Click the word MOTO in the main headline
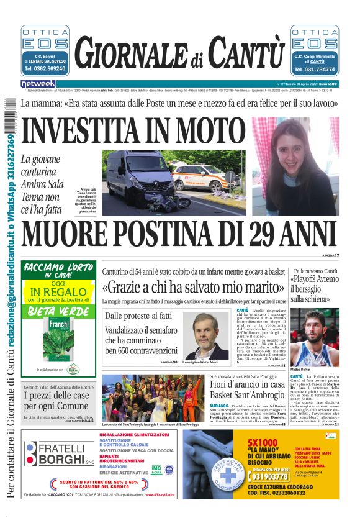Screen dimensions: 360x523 click(x=202, y=130)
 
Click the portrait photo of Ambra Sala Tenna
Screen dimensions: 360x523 click(x=295, y=166)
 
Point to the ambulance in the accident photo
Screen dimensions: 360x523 click(x=198, y=178)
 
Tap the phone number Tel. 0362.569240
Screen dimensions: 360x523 click(x=45, y=69)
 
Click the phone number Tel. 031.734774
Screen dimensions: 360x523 click(x=315, y=69)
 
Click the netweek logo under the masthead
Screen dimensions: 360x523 click(x=38, y=83)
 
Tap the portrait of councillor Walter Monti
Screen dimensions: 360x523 click(x=205, y=335)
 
